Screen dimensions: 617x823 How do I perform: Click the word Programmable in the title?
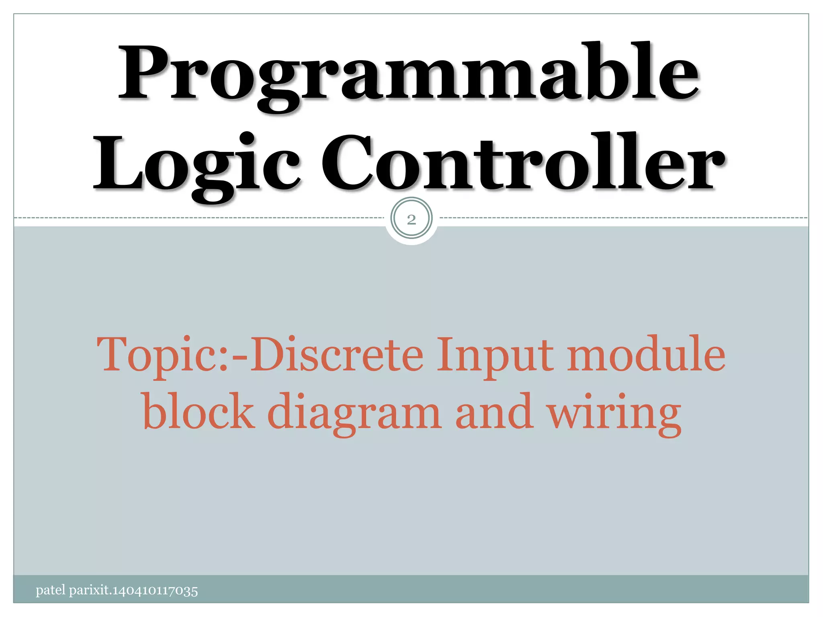pyautogui.click(x=409, y=76)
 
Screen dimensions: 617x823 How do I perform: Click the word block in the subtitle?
pyautogui.click(x=199, y=412)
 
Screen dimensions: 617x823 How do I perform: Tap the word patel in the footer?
pyautogui.click(x=50, y=590)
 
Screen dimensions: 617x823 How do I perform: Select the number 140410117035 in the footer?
pyautogui.click(x=155, y=591)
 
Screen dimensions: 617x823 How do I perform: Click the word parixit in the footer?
pyautogui.click(x=89, y=591)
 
